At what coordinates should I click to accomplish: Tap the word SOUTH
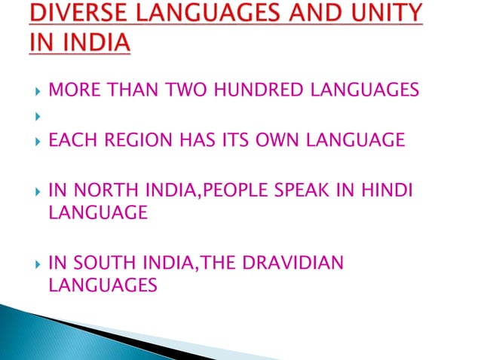click(97, 264)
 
